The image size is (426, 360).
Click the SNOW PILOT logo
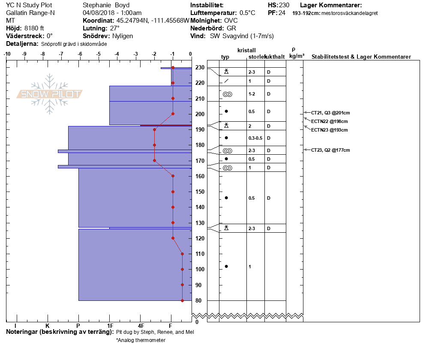coord(50,94)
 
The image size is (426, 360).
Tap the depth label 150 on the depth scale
coord(199,192)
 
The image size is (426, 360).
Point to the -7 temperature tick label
coord(61,54)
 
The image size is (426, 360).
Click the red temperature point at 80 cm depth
coord(182,300)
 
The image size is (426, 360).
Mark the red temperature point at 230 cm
coord(173,68)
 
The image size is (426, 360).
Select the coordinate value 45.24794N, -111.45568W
coord(153,21)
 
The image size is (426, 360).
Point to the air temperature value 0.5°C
coord(247,13)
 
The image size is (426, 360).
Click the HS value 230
coord(284,5)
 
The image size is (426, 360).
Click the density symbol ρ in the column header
coord(294,49)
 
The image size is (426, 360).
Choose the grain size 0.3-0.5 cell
coord(255,138)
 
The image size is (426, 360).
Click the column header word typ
coord(225,57)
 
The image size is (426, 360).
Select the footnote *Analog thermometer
coord(141,340)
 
